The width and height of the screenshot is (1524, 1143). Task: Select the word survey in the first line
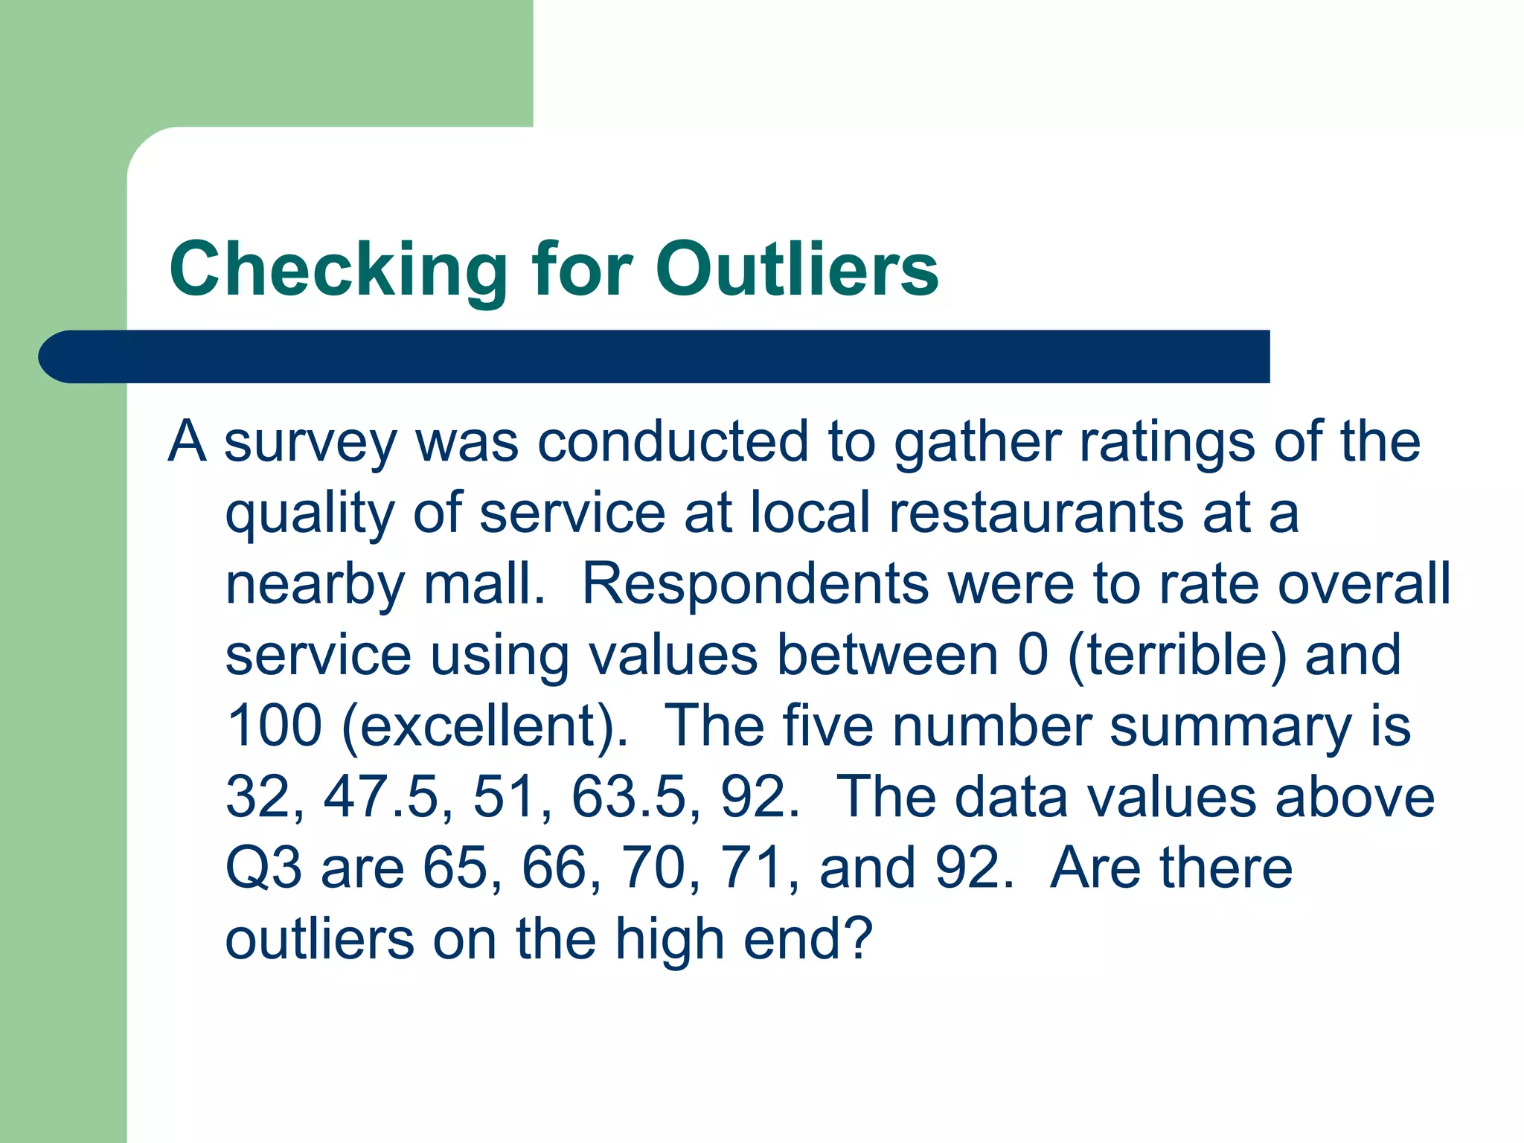310,443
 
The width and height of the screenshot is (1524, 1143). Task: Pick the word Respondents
755,583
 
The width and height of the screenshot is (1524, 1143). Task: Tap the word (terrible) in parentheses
1176,655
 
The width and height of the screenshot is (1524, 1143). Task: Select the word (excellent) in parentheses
484,726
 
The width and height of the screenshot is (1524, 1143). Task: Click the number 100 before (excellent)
274,726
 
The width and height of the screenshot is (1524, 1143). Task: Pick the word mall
484,583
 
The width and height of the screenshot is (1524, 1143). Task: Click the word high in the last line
670,940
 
